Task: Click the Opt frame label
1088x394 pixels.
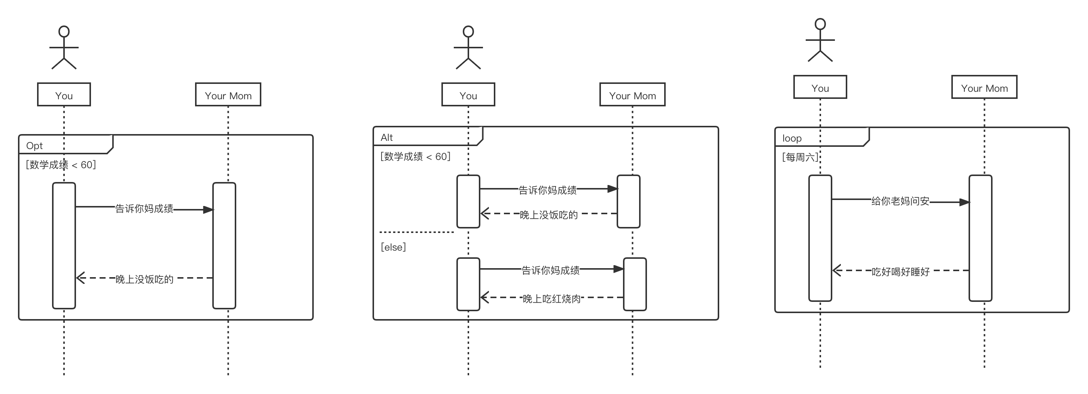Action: tap(34, 146)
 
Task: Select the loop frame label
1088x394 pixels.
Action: tap(791, 139)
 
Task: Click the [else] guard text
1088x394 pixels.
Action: tap(393, 247)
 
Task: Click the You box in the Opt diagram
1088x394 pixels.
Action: tap(64, 95)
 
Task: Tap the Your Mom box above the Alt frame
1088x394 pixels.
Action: tap(632, 95)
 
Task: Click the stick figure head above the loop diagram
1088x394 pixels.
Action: tap(820, 24)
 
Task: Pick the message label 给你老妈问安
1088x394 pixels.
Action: tap(900, 201)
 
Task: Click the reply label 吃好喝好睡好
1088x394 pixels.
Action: tap(900, 272)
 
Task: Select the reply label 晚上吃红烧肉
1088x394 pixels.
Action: tap(551, 299)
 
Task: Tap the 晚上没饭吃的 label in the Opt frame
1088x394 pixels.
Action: tap(145, 279)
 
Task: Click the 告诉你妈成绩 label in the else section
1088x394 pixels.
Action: tap(550, 270)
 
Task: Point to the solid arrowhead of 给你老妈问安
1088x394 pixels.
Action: tap(964, 202)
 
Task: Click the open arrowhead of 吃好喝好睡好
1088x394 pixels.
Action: tap(837, 270)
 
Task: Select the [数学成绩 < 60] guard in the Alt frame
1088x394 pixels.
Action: tap(416, 157)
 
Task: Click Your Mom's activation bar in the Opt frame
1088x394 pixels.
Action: tap(224, 245)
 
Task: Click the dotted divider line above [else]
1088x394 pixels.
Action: tap(416, 232)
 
